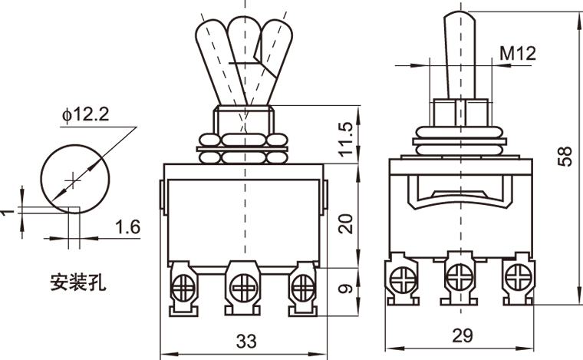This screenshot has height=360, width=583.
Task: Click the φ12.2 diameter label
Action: point(87,115)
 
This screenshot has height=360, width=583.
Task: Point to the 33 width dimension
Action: point(244,338)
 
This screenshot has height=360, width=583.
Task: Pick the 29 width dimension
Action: point(462,335)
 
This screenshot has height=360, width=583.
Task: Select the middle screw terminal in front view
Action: point(244,289)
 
